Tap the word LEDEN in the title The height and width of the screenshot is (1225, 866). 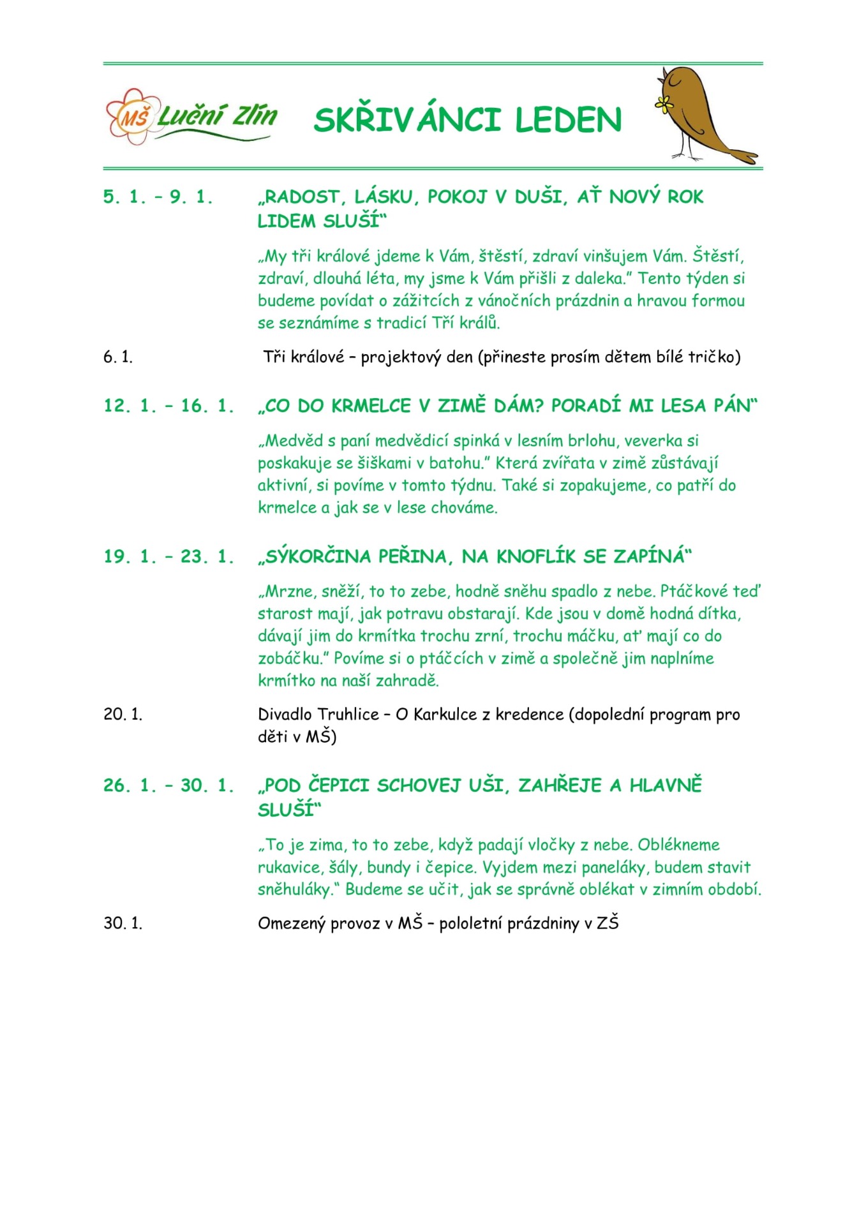tap(568, 120)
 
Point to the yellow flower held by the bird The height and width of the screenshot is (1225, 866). tap(664, 104)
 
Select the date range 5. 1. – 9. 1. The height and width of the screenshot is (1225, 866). tap(158, 197)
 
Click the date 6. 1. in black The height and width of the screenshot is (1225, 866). tap(118, 357)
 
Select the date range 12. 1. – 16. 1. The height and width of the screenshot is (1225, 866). tap(168, 406)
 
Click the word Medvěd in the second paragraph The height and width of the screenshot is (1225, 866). tap(294, 441)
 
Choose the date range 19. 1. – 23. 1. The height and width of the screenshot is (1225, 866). tap(168, 556)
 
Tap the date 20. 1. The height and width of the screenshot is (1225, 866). tap(123, 715)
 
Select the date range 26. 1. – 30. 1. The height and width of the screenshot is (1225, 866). tap(168, 785)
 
